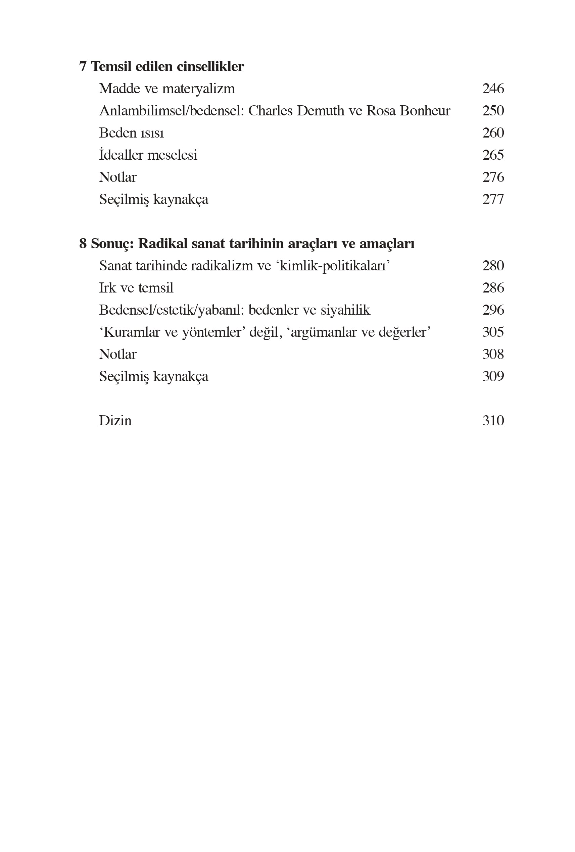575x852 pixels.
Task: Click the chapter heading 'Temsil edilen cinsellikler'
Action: pos(167,67)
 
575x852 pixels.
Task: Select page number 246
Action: pos(493,89)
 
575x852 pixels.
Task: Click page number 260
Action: pos(493,133)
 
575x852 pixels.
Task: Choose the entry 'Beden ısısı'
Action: pos(131,133)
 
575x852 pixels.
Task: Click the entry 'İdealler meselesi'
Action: pos(148,155)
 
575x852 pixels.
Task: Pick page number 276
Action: pos(493,177)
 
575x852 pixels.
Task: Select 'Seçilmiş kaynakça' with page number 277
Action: pos(154,200)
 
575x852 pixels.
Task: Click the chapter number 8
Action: pos(83,244)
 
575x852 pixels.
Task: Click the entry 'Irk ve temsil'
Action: pos(136,288)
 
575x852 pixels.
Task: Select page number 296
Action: pos(493,310)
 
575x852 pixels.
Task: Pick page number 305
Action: pos(493,332)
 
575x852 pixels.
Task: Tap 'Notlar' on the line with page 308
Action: pos(118,354)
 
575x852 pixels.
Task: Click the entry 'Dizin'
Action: pos(115,421)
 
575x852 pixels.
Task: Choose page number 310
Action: pos(493,421)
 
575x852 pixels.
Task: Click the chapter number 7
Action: pos(83,67)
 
